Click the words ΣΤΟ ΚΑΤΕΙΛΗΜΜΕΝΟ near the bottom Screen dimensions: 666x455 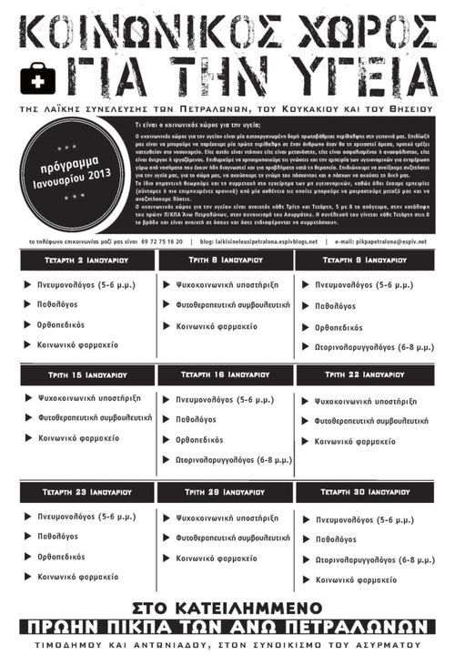click(227, 606)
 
